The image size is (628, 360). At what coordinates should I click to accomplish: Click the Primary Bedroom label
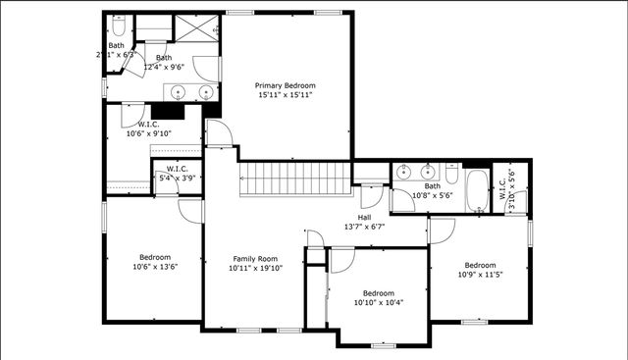[285, 84]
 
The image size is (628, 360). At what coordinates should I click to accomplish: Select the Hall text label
[364, 217]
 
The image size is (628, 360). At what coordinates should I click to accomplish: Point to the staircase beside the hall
[294, 179]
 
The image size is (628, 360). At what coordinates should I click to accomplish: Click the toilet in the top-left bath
[118, 26]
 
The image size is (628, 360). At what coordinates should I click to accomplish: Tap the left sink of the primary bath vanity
[179, 92]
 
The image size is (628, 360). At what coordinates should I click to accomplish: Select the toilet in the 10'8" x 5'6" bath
[450, 172]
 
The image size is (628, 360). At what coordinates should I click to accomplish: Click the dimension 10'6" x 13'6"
[153, 266]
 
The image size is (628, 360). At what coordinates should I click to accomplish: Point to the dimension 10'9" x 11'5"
[480, 275]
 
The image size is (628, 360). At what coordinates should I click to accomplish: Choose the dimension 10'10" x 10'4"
[378, 302]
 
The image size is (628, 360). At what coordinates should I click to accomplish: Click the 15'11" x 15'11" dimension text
[285, 95]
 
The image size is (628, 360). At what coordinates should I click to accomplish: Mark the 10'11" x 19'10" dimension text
[256, 267]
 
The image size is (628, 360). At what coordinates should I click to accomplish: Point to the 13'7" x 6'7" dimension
[364, 227]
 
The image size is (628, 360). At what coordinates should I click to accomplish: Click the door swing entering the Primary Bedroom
[219, 134]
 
